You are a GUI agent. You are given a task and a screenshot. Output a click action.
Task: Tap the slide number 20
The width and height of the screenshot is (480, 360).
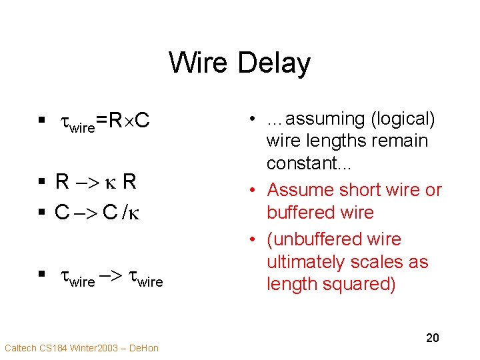(x=433, y=338)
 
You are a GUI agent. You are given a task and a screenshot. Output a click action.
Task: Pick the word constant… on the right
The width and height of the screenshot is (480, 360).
(x=299, y=163)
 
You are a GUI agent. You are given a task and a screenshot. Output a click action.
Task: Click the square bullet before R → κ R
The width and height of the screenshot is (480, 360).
(x=41, y=182)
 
